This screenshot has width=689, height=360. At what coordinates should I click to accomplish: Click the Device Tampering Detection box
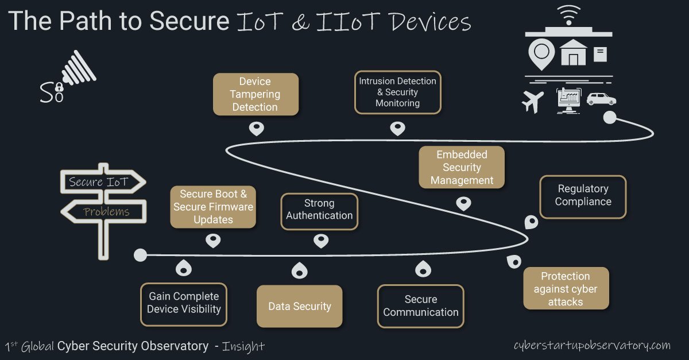pos(256,94)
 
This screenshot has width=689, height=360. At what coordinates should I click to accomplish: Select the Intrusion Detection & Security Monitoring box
pos(397,92)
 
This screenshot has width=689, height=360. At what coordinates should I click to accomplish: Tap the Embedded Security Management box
pos(462,167)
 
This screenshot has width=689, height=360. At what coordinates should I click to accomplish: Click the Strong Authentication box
pos(319,210)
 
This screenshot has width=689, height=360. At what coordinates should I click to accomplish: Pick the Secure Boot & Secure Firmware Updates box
pos(213,207)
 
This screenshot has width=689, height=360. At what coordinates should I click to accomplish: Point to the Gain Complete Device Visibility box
pos(184,303)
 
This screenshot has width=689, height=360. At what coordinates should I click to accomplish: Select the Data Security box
pos(299,306)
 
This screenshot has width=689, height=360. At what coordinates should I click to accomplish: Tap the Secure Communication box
pos(420,306)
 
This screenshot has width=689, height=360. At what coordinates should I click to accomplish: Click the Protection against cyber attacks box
pos(566,289)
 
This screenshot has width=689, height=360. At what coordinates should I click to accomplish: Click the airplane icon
pos(533,101)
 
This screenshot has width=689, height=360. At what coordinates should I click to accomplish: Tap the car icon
pos(601,99)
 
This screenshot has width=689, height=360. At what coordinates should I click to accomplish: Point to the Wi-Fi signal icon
pos(568,15)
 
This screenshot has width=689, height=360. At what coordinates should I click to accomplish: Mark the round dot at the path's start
pos(140,255)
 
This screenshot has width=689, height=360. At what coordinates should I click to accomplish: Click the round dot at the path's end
pos(609,118)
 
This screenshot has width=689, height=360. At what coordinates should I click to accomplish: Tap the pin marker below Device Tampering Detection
pos(256,128)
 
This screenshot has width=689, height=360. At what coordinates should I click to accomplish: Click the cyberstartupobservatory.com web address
pos(592,346)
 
